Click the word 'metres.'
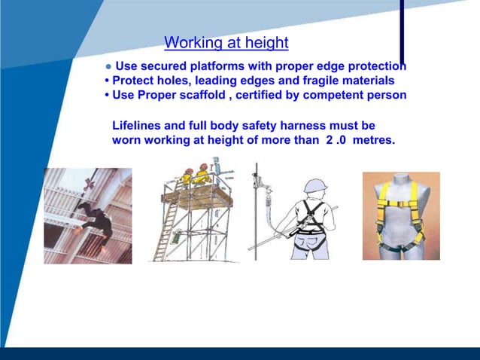tap(371, 139)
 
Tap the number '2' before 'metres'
tap(330, 139)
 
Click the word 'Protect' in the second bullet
tap(134, 81)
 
